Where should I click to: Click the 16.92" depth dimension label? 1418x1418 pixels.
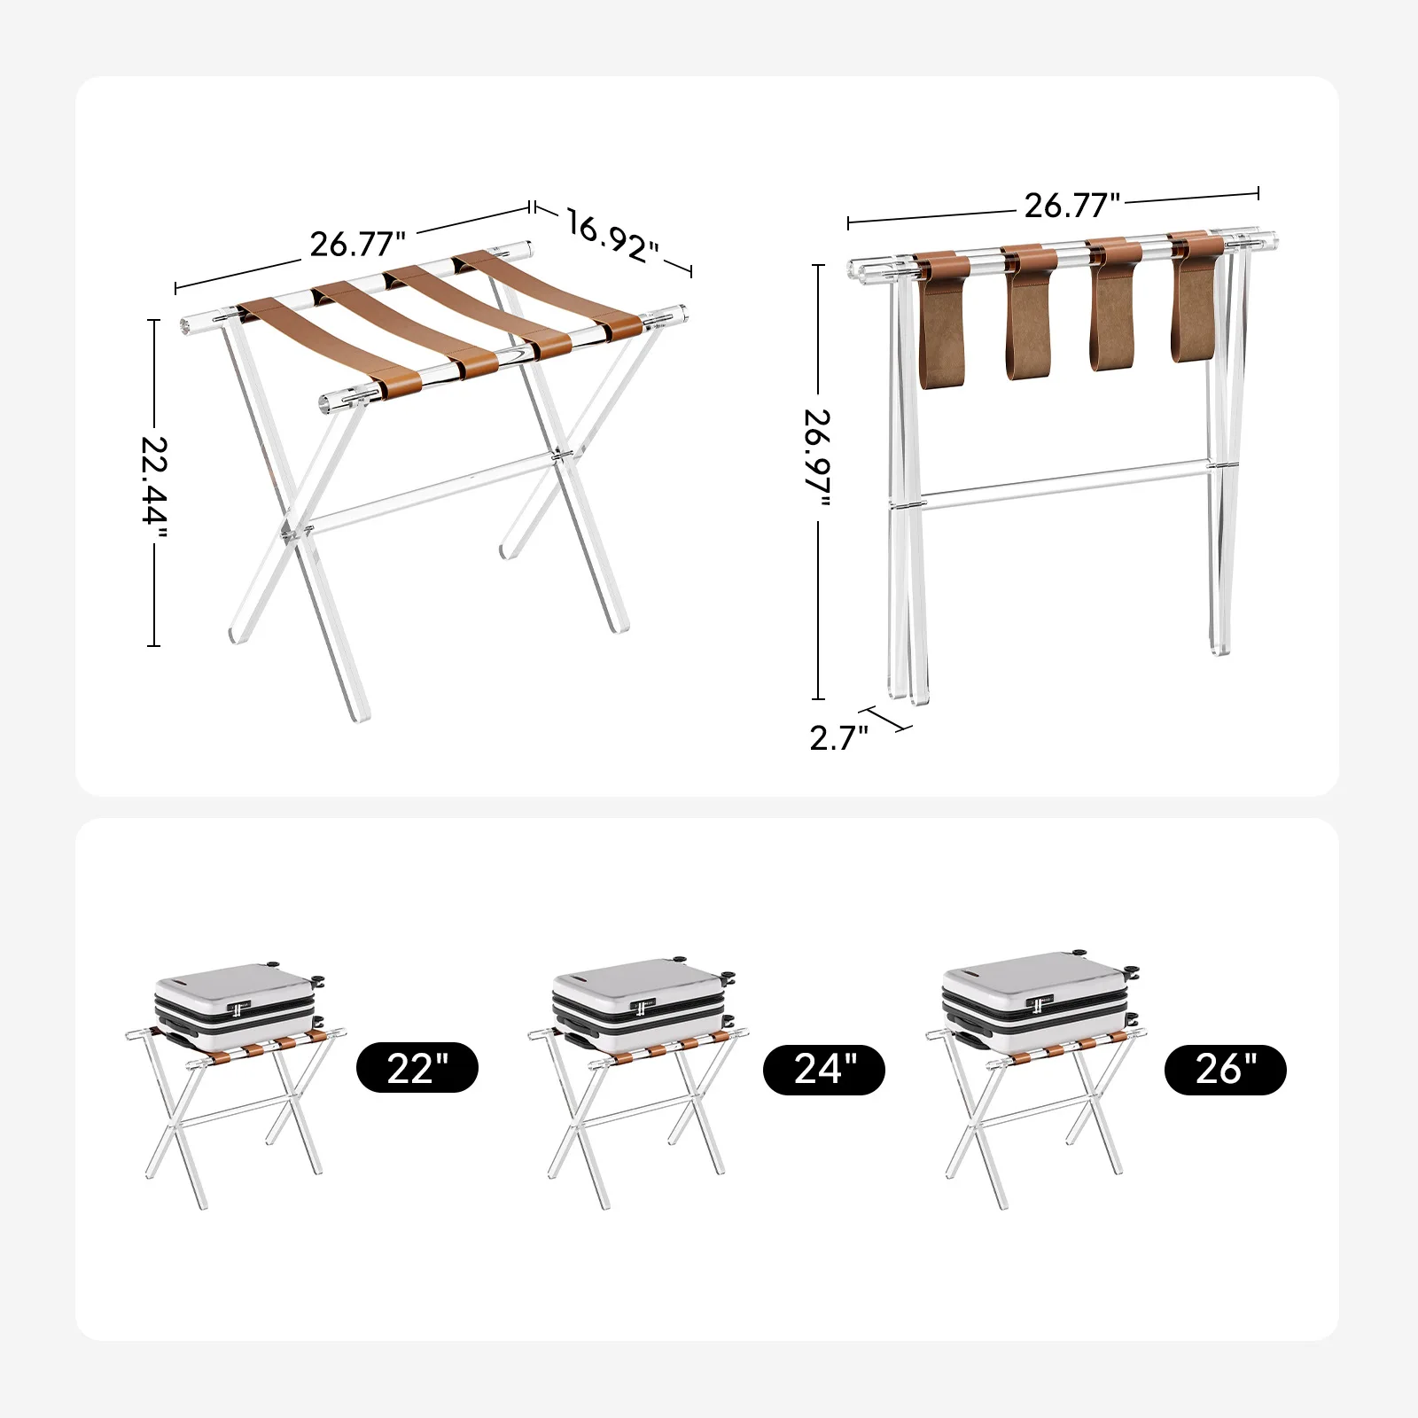click(x=612, y=237)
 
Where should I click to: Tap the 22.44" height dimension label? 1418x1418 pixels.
click(x=154, y=481)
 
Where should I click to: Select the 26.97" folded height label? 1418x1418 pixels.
click(x=818, y=458)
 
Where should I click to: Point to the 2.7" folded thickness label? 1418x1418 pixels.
click(x=839, y=737)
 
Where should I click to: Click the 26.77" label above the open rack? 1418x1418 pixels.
click(x=357, y=244)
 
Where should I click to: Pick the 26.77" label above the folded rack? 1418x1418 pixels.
click(x=1072, y=205)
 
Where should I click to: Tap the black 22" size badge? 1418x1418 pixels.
click(x=417, y=1068)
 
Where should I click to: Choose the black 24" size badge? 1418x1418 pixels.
click(x=824, y=1069)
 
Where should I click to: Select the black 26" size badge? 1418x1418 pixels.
click(x=1226, y=1070)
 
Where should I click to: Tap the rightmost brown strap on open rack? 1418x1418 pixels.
click(x=549, y=293)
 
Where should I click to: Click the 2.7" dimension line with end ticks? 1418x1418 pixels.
click(x=890, y=719)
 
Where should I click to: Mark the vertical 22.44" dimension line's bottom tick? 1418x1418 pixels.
click(x=154, y=645)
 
